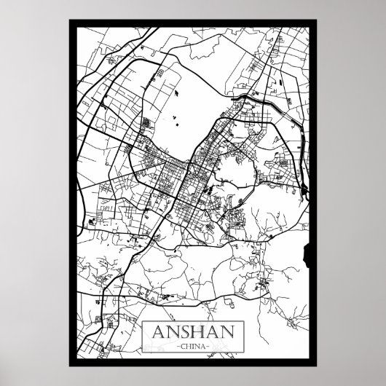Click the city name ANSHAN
193,330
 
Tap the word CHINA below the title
193,346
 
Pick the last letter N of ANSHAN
229,330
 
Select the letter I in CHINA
193,346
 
